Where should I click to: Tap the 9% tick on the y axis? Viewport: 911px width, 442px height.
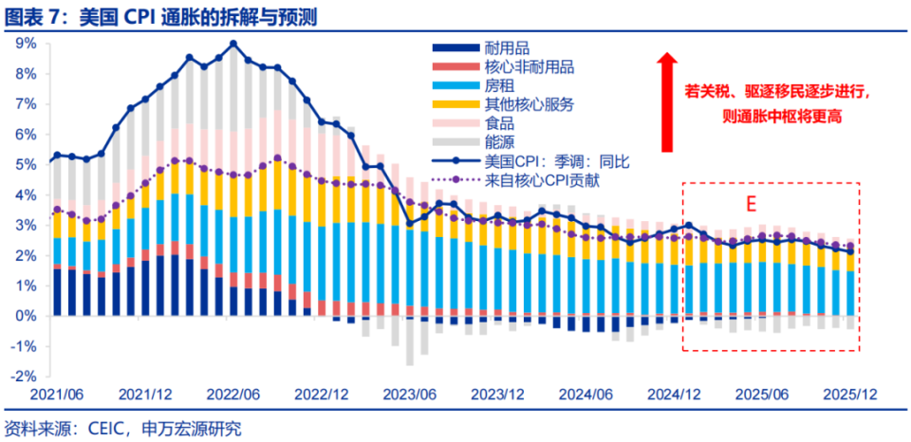click(25, 43)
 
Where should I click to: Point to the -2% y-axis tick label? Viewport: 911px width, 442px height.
click(23, 376)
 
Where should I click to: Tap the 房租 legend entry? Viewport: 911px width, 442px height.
click(499, 85)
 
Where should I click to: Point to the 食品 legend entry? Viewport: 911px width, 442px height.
click(499, 123)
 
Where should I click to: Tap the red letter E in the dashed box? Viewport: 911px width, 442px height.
click(749, 203)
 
